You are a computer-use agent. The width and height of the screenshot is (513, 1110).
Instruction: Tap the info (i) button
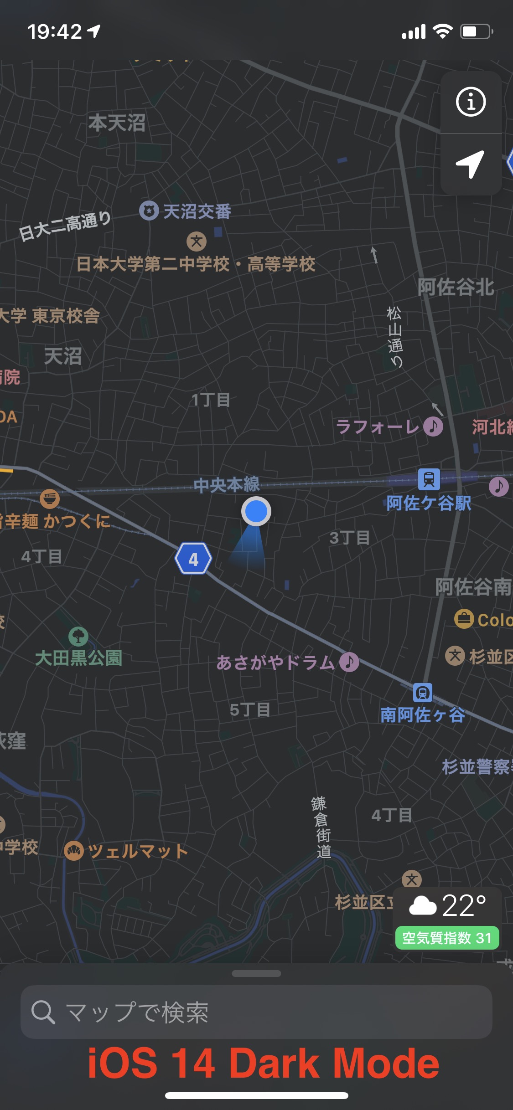[x=471, y=102]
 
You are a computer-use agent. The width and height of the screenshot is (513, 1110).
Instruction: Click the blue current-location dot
[x=256, y=511]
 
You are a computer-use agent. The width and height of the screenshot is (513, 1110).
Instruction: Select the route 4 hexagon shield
[x=193, y=559]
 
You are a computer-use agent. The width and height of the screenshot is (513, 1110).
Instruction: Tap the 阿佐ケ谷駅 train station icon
[x=429, y=479]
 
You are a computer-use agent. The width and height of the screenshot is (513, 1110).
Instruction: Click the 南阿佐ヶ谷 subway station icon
[x=423, y=693]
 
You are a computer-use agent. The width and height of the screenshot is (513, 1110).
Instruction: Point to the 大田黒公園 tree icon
[x=78, y=636]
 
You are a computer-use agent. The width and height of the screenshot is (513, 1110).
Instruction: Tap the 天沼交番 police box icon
[x=149, y=211]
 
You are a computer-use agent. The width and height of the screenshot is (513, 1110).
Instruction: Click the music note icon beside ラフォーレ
[x=433, y=427]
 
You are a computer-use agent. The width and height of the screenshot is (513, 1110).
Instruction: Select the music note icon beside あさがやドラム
[x=349, y=662]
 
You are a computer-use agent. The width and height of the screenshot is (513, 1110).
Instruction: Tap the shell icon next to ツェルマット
[x=74, y=851]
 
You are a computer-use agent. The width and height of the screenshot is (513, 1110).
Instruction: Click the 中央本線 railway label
[x=227, y=485]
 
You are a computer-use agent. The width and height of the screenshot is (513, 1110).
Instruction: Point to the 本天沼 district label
[x=117, y=123]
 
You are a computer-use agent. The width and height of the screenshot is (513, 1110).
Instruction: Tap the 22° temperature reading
[x=463, y=905]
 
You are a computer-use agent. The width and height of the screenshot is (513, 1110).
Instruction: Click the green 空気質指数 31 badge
[x=447, y=938]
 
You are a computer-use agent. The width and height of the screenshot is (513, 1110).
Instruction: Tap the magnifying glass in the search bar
[x=43, y=1012]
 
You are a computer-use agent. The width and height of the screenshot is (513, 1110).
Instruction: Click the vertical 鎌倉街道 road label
[x=321, y=827]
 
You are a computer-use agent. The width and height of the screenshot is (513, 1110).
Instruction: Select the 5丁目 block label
[x=250, y=709]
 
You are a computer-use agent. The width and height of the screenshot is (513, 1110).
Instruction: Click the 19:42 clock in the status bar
[x=55, y=32]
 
